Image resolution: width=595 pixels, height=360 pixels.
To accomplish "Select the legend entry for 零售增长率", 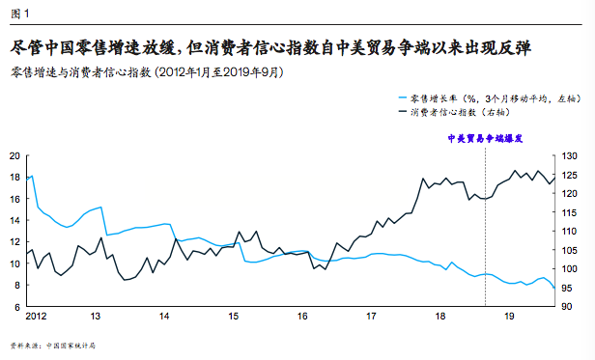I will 472,97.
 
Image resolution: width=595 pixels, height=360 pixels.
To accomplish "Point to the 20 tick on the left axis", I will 14,155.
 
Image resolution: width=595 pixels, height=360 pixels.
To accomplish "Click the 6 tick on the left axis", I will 16,307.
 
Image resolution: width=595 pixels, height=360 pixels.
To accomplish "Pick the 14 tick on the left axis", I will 14,220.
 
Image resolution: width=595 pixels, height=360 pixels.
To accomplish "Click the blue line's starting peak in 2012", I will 32,176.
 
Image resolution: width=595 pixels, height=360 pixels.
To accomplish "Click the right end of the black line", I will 553,177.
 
